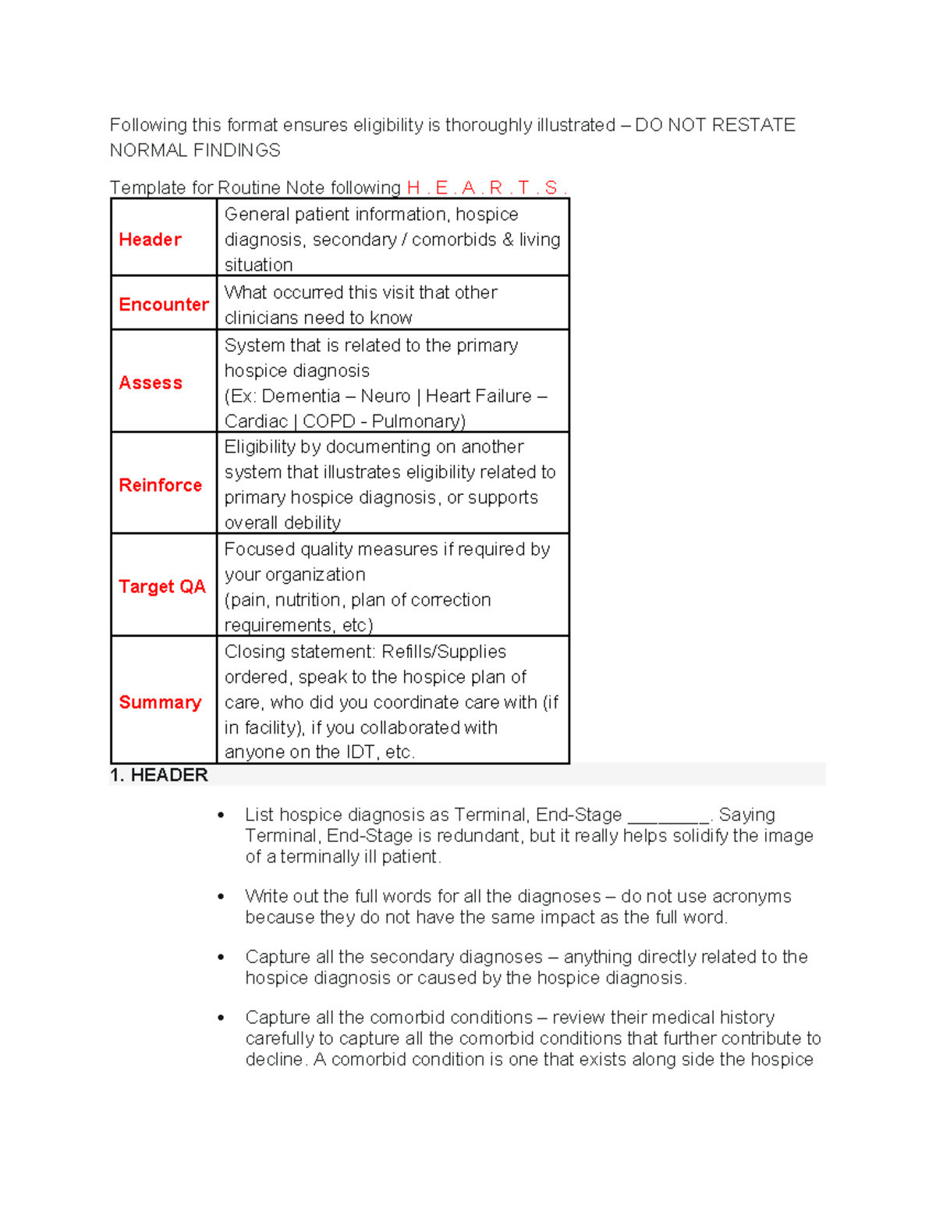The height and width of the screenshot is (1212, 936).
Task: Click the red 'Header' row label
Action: point(150,240)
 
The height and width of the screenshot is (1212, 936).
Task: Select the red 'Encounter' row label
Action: point(164,304)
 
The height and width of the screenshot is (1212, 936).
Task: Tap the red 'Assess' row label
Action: point(151,382)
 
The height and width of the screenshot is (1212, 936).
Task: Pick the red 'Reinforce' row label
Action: point(160,485)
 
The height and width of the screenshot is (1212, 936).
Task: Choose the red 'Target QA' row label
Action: point(162,586)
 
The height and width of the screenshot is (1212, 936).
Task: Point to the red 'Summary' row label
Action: point(160,702)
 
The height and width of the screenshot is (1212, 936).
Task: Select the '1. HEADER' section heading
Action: point(159,775)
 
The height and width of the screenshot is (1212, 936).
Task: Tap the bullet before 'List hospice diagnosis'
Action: point(222,816)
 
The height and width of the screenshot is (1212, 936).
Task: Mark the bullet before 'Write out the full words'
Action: point(222,897)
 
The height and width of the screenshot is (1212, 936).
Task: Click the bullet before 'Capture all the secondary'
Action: point(222,958)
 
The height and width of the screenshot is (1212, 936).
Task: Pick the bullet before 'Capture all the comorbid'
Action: point(222,1018)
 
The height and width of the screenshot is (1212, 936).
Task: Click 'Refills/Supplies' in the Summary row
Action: point(444,652)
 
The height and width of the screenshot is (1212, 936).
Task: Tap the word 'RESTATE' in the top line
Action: point(753,126)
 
